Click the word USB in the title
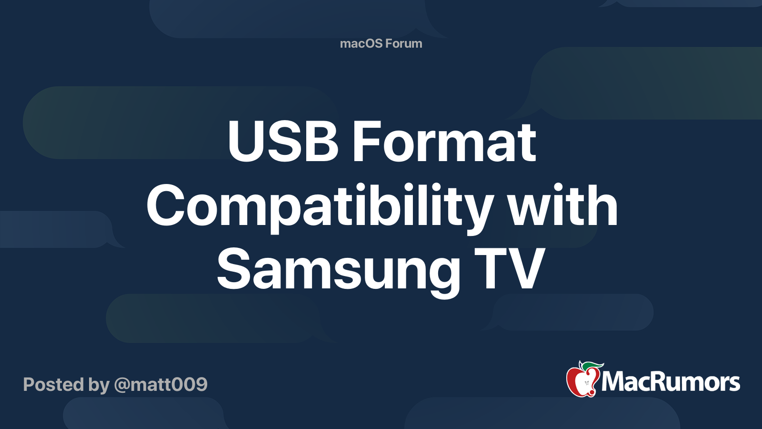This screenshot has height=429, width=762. coord(282,142)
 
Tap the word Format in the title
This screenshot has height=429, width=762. coord(444,142)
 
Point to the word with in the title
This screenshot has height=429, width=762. coord(562,206)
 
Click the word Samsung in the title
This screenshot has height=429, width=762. coord(338,271)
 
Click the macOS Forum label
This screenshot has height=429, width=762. coord(381,43)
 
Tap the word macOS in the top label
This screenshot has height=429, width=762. coord(361,43)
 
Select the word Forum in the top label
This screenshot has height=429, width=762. coord(403,43)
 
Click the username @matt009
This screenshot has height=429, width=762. coord(161,384)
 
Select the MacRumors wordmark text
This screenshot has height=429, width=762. coord(671,382)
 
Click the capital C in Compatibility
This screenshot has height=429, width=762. coord(166,206)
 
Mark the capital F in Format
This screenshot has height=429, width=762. coord(364,142)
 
